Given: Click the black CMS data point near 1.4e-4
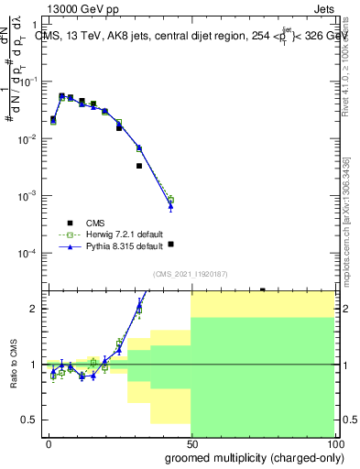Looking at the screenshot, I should [170, 245].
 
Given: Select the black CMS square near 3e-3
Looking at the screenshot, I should [139, 166].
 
